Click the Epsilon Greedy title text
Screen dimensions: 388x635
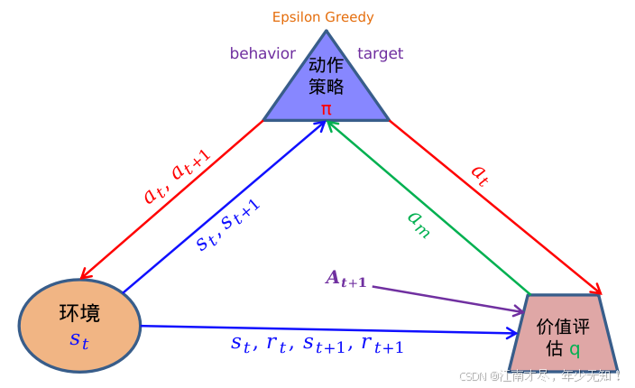click(323, 17)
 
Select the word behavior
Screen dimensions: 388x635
click(262, 53)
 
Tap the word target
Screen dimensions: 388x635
click(380, 53)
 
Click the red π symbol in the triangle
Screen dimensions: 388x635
click(326, 108)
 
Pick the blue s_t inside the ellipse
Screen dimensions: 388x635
click(79, 340)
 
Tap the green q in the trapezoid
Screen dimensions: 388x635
click(575, 347)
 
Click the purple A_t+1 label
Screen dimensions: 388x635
click(345, 280)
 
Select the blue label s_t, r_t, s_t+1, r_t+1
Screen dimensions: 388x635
click(317, 344)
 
